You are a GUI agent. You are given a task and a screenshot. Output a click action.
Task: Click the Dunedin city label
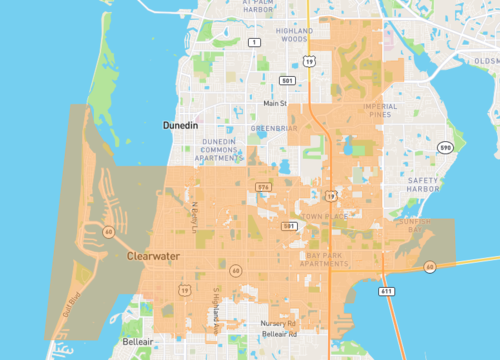pos(183,127)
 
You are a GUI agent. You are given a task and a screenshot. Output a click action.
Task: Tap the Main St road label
pos(274,103)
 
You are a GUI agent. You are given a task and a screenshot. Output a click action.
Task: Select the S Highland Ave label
pos(215,305)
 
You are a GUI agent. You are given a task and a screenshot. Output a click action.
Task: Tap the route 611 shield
pos(385,290)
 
